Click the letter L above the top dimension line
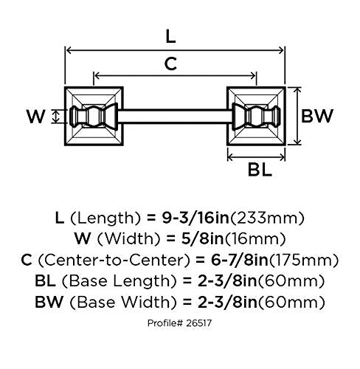170,37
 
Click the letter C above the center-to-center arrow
170,63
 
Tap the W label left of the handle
36,117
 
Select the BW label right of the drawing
317,116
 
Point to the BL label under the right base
260,170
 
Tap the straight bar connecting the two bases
175,116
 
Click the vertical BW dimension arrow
297,116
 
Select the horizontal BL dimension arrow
256,156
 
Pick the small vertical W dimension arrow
56,117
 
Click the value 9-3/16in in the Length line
195,218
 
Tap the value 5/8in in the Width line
203,238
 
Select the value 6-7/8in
240,260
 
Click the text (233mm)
267,218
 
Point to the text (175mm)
304,260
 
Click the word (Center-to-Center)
114,260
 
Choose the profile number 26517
199,323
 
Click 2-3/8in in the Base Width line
227,302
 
